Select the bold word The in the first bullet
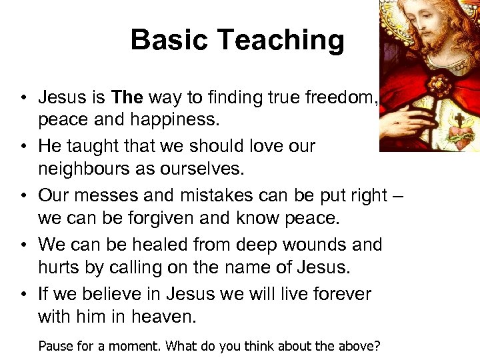[128, 97]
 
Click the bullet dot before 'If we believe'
[23, 294]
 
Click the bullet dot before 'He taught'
[23, 146]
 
